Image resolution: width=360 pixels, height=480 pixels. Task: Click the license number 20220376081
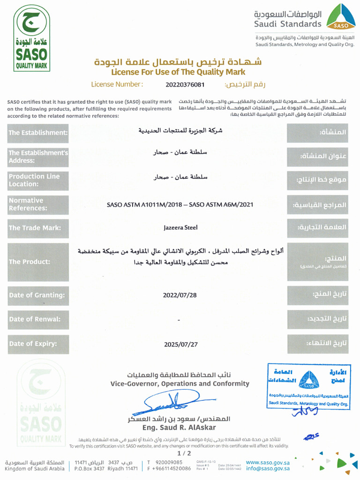[x=185, y=85]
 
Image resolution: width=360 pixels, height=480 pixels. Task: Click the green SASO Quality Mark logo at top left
[x=32, y=38]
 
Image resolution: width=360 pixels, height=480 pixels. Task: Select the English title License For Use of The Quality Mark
[x=178, y=72]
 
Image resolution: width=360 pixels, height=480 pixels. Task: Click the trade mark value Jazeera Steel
[x=180, y=227]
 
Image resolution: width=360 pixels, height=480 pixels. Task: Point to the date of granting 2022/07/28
[x=180, y=295]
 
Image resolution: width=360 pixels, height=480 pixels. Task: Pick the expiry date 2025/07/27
[x=180, y=344]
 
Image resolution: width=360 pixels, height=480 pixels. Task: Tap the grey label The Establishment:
[x=38, y=133]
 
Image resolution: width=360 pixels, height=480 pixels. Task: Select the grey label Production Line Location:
[x=38, y=180]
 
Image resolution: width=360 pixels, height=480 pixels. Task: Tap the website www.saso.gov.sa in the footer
[x=268, y=462]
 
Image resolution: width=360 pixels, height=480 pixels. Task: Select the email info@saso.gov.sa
[x=268, y=468]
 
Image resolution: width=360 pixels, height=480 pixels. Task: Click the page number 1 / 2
[x=184, y=453]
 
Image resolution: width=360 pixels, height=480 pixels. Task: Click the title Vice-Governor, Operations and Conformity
[x=180, y=384]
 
